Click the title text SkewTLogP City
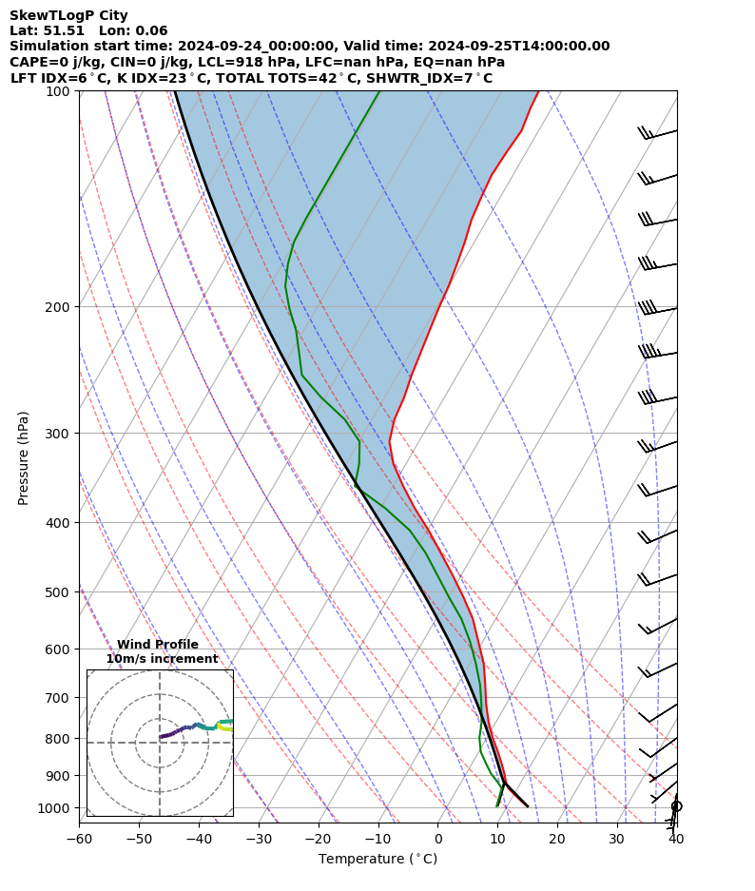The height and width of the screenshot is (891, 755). tap(68, 15)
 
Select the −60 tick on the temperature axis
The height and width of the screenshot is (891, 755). tap(79, 839)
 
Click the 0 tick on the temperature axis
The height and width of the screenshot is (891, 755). tap(438, 839)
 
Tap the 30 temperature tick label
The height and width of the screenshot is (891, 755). tap(617, 839)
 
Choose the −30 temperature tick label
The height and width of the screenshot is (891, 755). tap(259, 839)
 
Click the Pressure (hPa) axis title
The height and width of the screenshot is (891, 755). tap(24, 457)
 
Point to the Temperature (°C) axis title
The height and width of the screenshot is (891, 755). tap(377, 860)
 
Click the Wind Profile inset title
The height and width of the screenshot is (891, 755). tap(158, 645)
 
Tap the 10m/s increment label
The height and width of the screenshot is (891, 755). tap(162, 659)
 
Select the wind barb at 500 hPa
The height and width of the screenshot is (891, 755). tap(657, 580)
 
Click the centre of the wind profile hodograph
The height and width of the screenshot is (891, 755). tap(160, 743)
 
